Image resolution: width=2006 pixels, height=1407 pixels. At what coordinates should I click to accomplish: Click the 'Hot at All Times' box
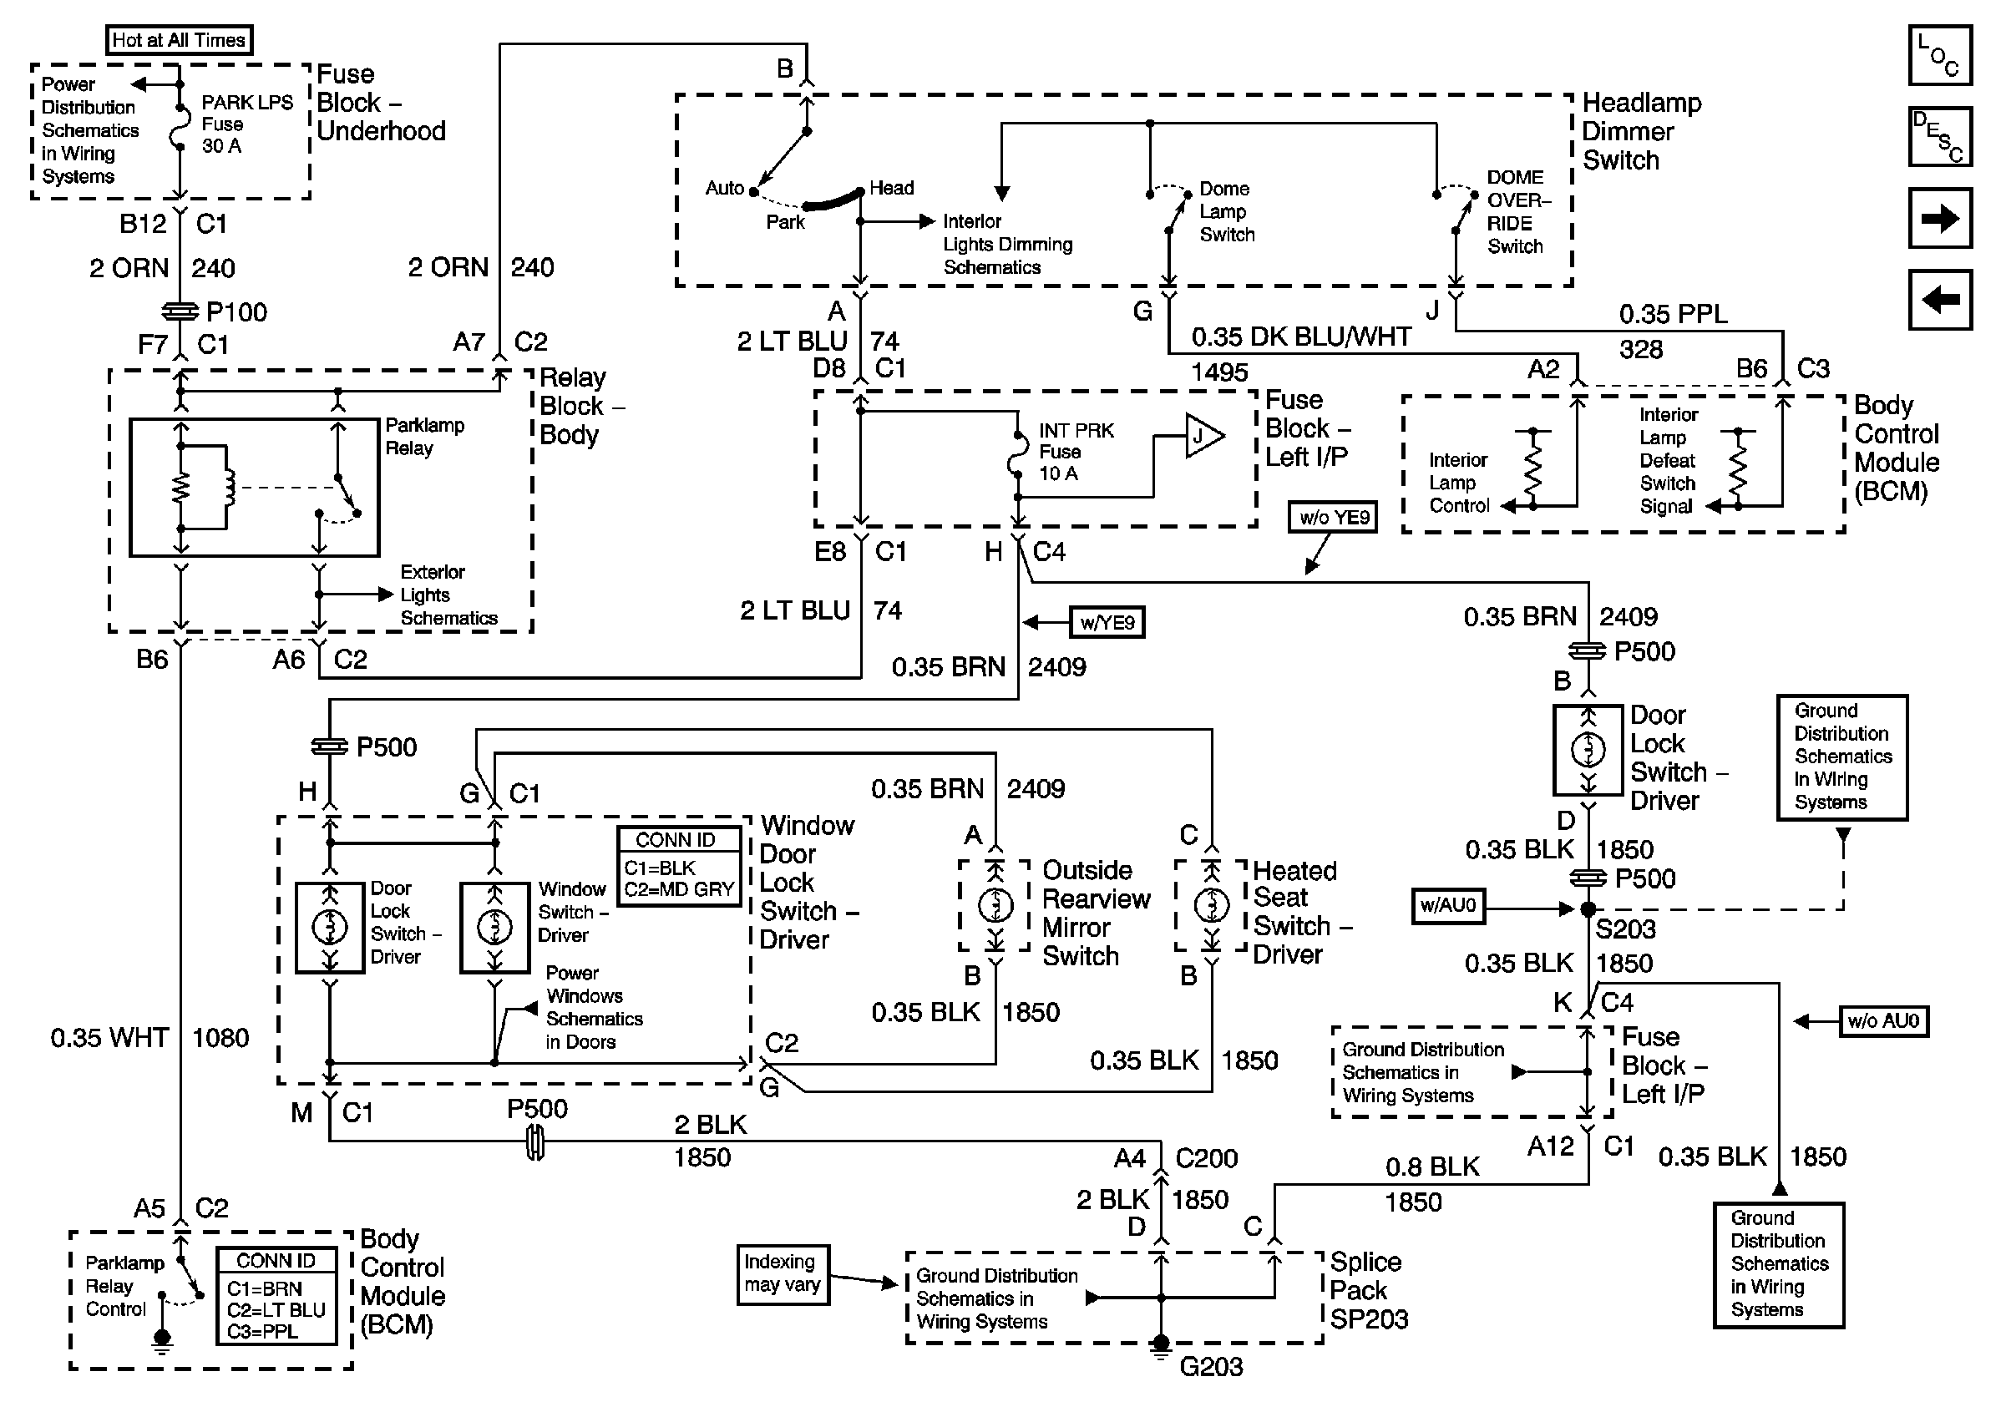pos(179,40)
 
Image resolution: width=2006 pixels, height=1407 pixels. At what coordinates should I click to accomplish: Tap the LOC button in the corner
pos(1939,55)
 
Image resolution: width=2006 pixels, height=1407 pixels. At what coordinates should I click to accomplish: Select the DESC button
pos(1939,136)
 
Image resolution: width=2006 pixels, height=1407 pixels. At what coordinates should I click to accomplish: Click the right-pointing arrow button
pos(1939,217)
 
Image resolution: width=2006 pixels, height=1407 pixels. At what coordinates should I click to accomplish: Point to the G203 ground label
pos(1211,1366)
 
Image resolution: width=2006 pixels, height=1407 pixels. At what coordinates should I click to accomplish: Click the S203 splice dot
pos(1588,909)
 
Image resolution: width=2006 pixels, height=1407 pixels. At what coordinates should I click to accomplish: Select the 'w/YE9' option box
pos(1107,623)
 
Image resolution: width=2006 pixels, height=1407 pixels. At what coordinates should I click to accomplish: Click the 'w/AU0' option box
pos(1449,906)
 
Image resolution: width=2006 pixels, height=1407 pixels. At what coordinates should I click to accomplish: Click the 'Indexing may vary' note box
pos(783,1274)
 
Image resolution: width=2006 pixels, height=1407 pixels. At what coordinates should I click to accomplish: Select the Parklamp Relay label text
pos(425,437)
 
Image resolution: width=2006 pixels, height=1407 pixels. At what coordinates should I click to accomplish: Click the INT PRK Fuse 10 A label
pos(1076,453)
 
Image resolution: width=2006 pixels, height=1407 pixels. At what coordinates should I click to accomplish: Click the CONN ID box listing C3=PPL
pos(276,1296)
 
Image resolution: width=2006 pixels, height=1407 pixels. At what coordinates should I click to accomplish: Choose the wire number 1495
pos(1219,373)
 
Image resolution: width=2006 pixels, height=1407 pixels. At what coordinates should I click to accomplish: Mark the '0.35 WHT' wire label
pos(109,1038)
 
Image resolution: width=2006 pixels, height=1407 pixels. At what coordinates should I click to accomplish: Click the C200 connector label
pos(1207,1158)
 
